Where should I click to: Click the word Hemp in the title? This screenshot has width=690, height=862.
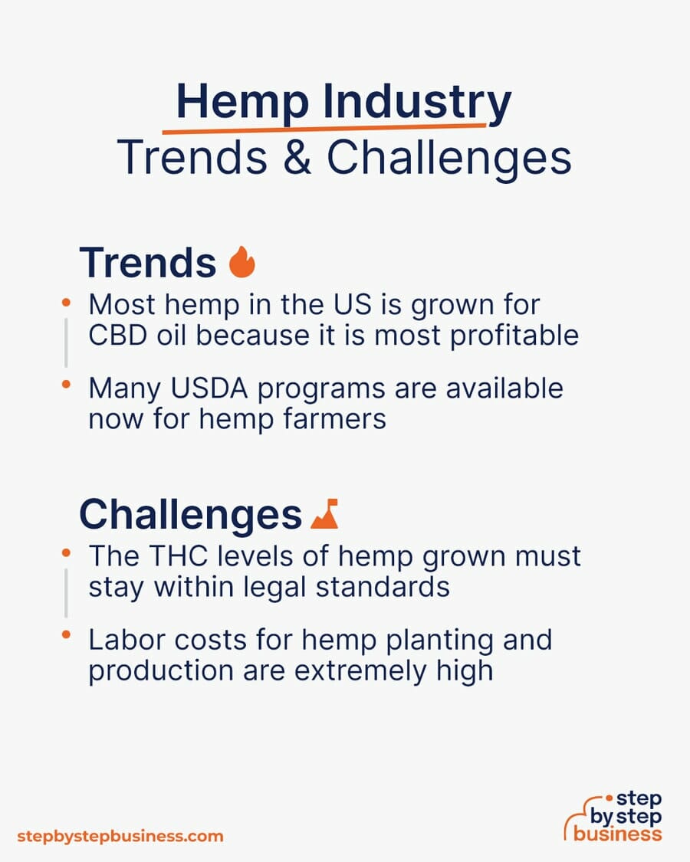click(x=242, y=102)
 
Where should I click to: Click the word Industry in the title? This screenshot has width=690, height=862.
click(x=417, y=102)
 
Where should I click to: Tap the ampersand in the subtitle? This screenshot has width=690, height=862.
click(x=297, y=157)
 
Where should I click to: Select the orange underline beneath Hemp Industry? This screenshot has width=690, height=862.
click(x=324, y=129)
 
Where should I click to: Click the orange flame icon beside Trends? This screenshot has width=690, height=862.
click(x=242, y=262)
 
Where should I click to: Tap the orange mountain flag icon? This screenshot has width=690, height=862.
click(x=324, y=514)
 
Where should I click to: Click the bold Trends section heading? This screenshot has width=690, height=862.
click(x=148, y=263)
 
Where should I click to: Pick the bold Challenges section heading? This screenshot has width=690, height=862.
click(x=190, y=515)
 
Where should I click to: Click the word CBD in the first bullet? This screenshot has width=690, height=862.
click(x=118, y=336)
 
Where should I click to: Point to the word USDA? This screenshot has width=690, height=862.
click(x=209, y=388)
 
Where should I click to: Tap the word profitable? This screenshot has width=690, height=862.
click(x=514, y=336)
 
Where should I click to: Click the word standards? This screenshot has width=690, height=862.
click(x=383, y=587)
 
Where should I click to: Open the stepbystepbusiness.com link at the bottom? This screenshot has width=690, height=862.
click(x=120, y=837)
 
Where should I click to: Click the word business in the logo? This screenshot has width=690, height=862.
click(x=617, y=834)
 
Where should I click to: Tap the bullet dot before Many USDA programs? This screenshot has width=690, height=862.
click(x=66, y=385)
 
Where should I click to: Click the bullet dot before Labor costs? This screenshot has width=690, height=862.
click(x=66, y=635)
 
